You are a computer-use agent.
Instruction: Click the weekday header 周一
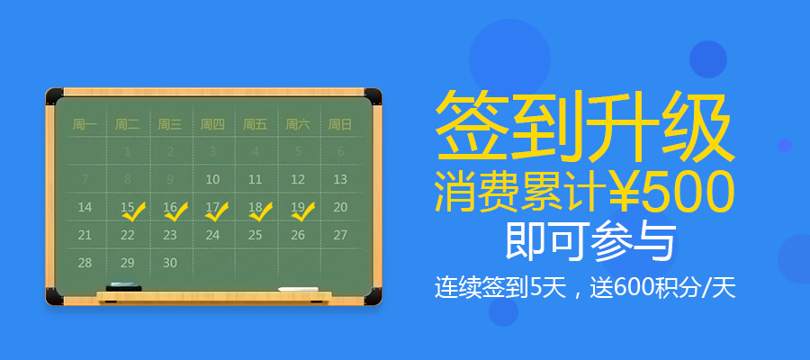pyautogui.click(x=85, y=124)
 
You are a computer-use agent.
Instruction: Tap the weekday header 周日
pyautogui.click(x=340, y=124)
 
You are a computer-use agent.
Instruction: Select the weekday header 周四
pyautogui.click(x=212, y=124)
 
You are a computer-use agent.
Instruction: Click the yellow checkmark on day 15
pyautogui.click(x=134, y=212)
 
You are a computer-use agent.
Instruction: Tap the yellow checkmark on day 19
pyautogui.click(x=304, y=212)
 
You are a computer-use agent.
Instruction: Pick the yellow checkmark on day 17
pyautogui.click(x=219, y=212)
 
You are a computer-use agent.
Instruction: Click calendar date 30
pyautogui.click(x=170, y=263)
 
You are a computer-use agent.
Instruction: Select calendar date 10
pyautogui.click(x=212, y=180)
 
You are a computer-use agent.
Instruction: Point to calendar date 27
pyautogui.click(x=340, y=235)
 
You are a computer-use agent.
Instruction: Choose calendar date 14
pyautogui.click(x=85, y=207)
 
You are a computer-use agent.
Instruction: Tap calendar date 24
pyautogui.click(x=212, y=235)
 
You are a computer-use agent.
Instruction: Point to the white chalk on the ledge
pyautogui.click(x=298, y=290)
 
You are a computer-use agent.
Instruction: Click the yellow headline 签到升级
pyautogui.click(x=580, y=127)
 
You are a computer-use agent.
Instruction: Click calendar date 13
pyautogui.click(x=340, y=180)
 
